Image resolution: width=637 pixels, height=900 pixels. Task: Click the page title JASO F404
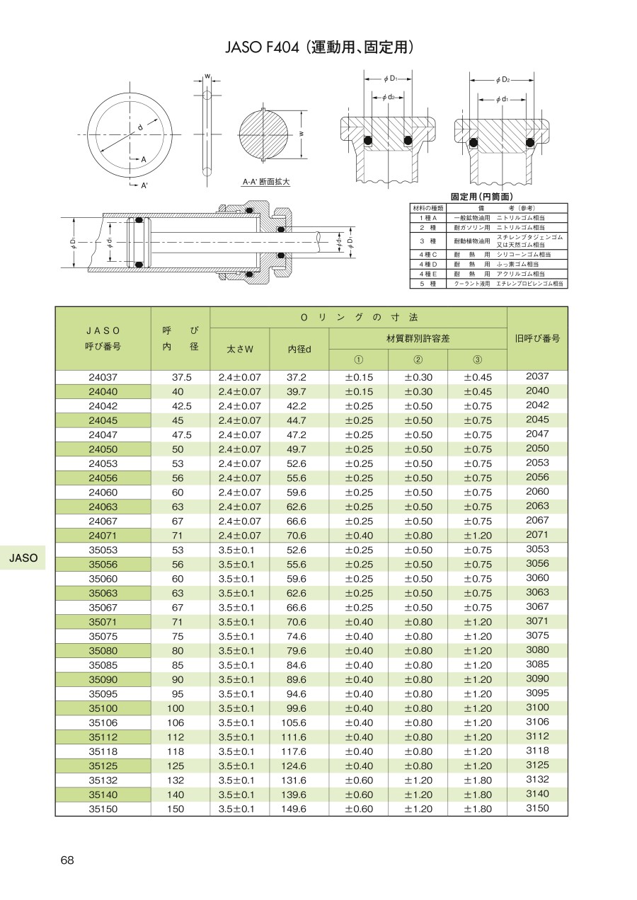318,48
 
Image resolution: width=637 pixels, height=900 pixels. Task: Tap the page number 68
67,860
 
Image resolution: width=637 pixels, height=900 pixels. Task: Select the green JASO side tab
23,558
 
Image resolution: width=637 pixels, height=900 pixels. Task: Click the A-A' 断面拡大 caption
266,182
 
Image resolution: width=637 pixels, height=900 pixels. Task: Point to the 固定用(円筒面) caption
482,197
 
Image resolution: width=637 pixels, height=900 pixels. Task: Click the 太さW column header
239,349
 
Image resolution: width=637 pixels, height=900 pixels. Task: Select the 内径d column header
299,349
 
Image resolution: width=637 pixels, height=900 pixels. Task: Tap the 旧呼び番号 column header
537,338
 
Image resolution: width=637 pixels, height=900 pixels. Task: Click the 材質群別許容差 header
418,338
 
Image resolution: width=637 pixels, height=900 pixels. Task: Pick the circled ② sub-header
418,359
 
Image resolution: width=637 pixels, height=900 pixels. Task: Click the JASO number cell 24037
103,378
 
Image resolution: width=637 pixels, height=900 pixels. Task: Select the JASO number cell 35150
103,809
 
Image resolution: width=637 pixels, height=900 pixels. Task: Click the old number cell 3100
537,708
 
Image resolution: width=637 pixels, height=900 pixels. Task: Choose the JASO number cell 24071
103,536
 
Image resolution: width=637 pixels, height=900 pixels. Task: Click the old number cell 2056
537,478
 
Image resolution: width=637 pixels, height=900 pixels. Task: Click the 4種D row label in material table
428,264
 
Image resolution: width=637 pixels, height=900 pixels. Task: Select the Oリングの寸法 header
358,318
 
